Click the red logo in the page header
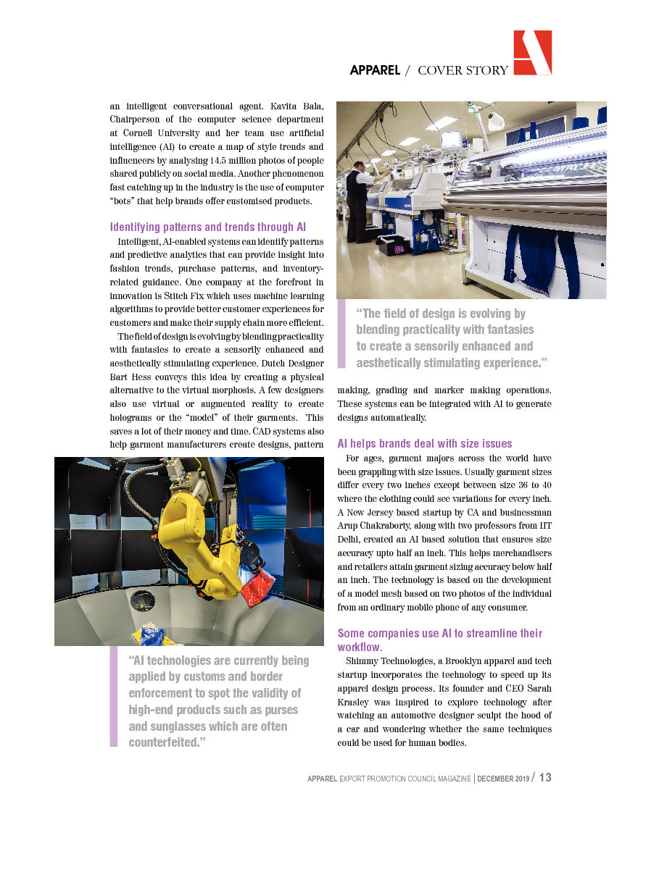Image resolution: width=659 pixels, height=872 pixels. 532,52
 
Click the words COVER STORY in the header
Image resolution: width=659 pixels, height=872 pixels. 463,70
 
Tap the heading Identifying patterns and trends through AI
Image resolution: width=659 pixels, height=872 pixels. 207,227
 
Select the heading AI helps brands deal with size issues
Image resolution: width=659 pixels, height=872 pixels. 425,443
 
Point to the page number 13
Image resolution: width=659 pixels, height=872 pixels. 545,777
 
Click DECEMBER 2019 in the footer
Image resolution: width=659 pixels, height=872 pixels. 503,779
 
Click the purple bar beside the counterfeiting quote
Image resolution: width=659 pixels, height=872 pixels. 113,696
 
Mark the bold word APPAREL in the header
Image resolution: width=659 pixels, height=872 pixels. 374,70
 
